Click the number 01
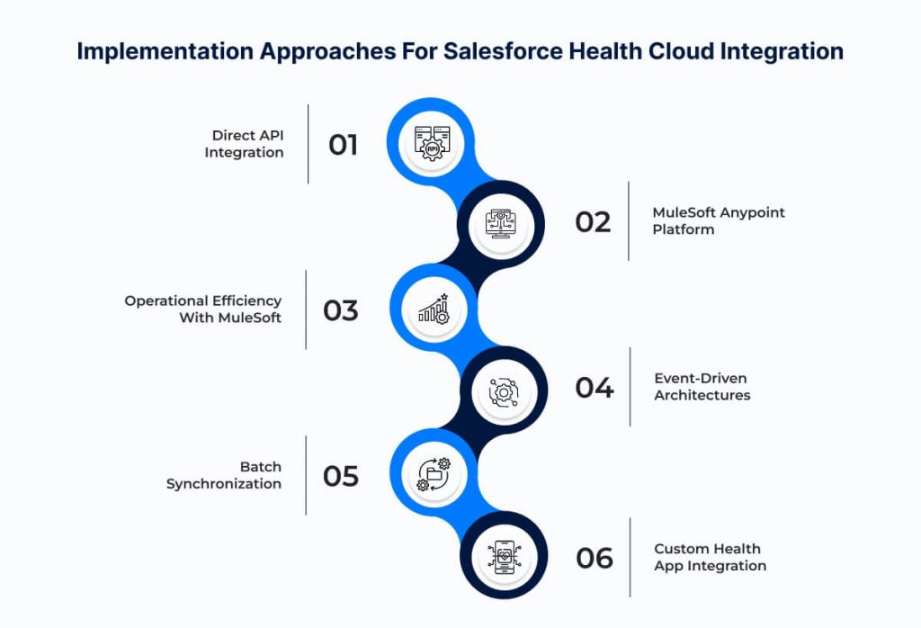(x=343, y=145)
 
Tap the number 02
(x=594, y=222)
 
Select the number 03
(x=341, y=310)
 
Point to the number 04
(x=595, y=388)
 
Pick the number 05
(x=341, y=477)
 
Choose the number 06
(x=595, y=558)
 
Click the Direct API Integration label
(x=245, y=144)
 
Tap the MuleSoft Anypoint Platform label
(x=719, y=221)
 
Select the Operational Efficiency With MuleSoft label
(x=203, y=309)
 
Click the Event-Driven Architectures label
(x=702, y=387)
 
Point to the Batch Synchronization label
(x=224, y=475)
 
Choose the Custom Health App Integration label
(x=711, y=557)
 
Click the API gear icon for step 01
(x=432, y=143)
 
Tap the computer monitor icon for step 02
(x=500, y=224)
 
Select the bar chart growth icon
(x=434, y=309)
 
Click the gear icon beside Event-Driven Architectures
(x=504, y=392)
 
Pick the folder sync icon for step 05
(x=434, y=474)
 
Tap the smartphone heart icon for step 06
(x=505, y=557)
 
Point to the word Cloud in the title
(x=682, y=51)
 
